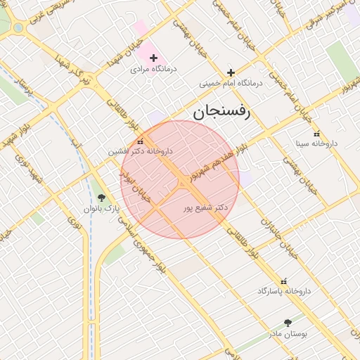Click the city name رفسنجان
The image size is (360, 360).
pos(221,112)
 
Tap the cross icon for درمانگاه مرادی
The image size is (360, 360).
pos(153,57)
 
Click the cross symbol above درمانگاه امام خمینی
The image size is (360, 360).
pos(231,72)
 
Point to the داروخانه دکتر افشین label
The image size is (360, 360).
pos(140,151)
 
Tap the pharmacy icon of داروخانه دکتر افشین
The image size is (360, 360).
pos(141,140)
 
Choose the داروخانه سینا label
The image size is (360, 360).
pos(316,143)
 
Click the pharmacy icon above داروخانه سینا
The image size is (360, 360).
pos(316,133)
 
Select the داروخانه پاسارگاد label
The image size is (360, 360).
pos(284,290)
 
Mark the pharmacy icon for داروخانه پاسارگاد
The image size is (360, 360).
pos(284,280)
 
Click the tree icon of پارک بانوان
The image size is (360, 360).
pos(102,198)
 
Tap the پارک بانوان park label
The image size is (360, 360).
pos(102,209)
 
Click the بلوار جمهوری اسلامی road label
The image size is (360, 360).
pos(144,243)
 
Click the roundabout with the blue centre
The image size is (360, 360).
pos(16,27)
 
